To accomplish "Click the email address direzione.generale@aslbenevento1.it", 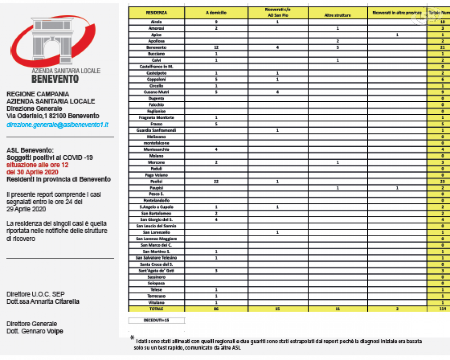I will click(57, 123).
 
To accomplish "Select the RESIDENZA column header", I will click(156, 13).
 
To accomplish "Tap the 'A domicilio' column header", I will click(216, 13).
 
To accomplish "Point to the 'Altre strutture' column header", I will click(337, 15).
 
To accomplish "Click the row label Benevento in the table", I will click(156, 47).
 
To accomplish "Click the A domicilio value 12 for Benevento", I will click(216, 47).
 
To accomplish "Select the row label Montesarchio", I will click(156, 149).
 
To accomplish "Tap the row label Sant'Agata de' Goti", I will click(156, 271).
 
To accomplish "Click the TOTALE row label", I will click(156, 309).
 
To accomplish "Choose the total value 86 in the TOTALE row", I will click(216, 309).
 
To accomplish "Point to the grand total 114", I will click(443, 309).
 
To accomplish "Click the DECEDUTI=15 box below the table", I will click(156, 320).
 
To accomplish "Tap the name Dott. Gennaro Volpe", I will click(35, 331).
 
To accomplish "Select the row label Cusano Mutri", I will click(156, 92).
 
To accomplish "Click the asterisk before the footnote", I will click(132, 337).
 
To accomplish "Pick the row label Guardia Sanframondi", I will click(156, 130).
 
